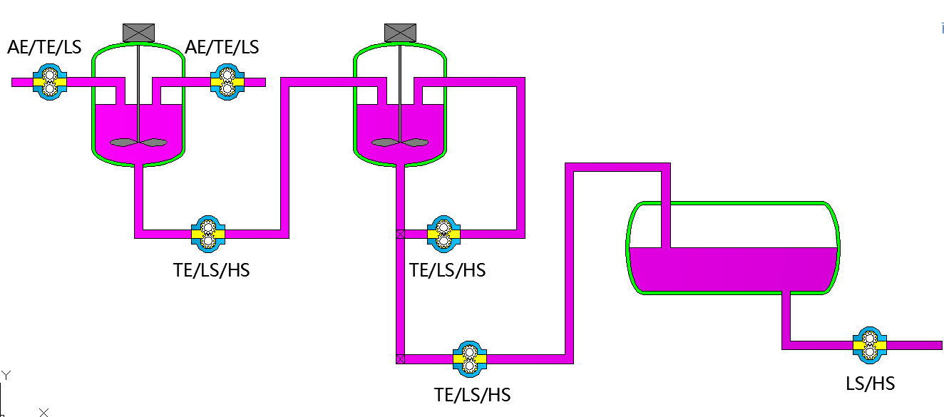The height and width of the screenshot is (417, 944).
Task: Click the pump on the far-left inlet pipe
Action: pyautogui.click(x=49, y=82)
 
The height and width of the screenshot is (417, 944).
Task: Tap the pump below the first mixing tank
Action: pyautogui.click(x=207, y=234)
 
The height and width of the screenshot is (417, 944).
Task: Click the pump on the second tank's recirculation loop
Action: pyautogui.click(x=443, y=234)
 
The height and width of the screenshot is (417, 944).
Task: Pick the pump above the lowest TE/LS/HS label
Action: pyautogui.click(x=469, y=359)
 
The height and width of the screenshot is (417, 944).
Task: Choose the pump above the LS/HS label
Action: pyautogui.click(x=869, y=346)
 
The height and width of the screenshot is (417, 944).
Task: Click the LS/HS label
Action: pyautogui.click(x=870, y=383)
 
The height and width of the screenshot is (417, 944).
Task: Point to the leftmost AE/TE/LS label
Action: pyautogui.click(x=44, y=48)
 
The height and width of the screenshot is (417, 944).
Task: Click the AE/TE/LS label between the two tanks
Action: pyautogui.click(x=222, y=48)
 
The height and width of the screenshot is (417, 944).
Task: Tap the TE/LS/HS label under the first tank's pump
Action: pyautogui.click(x=212, y=271)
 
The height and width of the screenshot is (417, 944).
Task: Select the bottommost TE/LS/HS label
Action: pyautogui.click(x=472, y=395)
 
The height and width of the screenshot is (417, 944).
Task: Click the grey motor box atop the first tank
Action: pyautogui.click(x=138, y=32)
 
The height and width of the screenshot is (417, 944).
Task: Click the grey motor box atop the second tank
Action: pyautogui.click(x=400, y=32)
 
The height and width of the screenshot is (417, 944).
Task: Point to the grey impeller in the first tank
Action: pyautogui.click(x=138, y=143)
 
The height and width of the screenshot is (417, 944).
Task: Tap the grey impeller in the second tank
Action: pyautogui.click(x=399, y=143)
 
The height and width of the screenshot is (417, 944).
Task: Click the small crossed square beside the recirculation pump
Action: pyautogui.click(x=400, y=234)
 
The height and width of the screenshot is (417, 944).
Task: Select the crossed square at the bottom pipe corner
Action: pyautogui.click(x=400, y=359)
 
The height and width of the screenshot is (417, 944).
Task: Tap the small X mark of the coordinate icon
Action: pyautogui.click(x=44, y=412)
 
